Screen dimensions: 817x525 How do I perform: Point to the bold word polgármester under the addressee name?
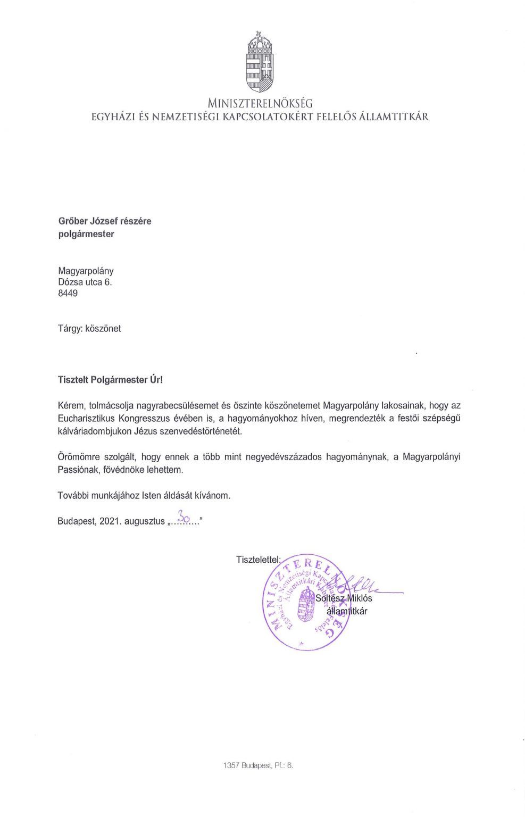tap(86, 234)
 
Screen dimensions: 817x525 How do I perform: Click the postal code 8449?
tap(68, 293)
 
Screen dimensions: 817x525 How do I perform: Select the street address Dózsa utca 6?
tap(85, 282)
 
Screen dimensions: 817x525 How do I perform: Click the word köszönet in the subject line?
tap(103, 328)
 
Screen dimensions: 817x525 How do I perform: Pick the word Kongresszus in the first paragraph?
tap(141, 418)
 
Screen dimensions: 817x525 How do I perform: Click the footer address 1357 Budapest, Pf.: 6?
tap(259, 766)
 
